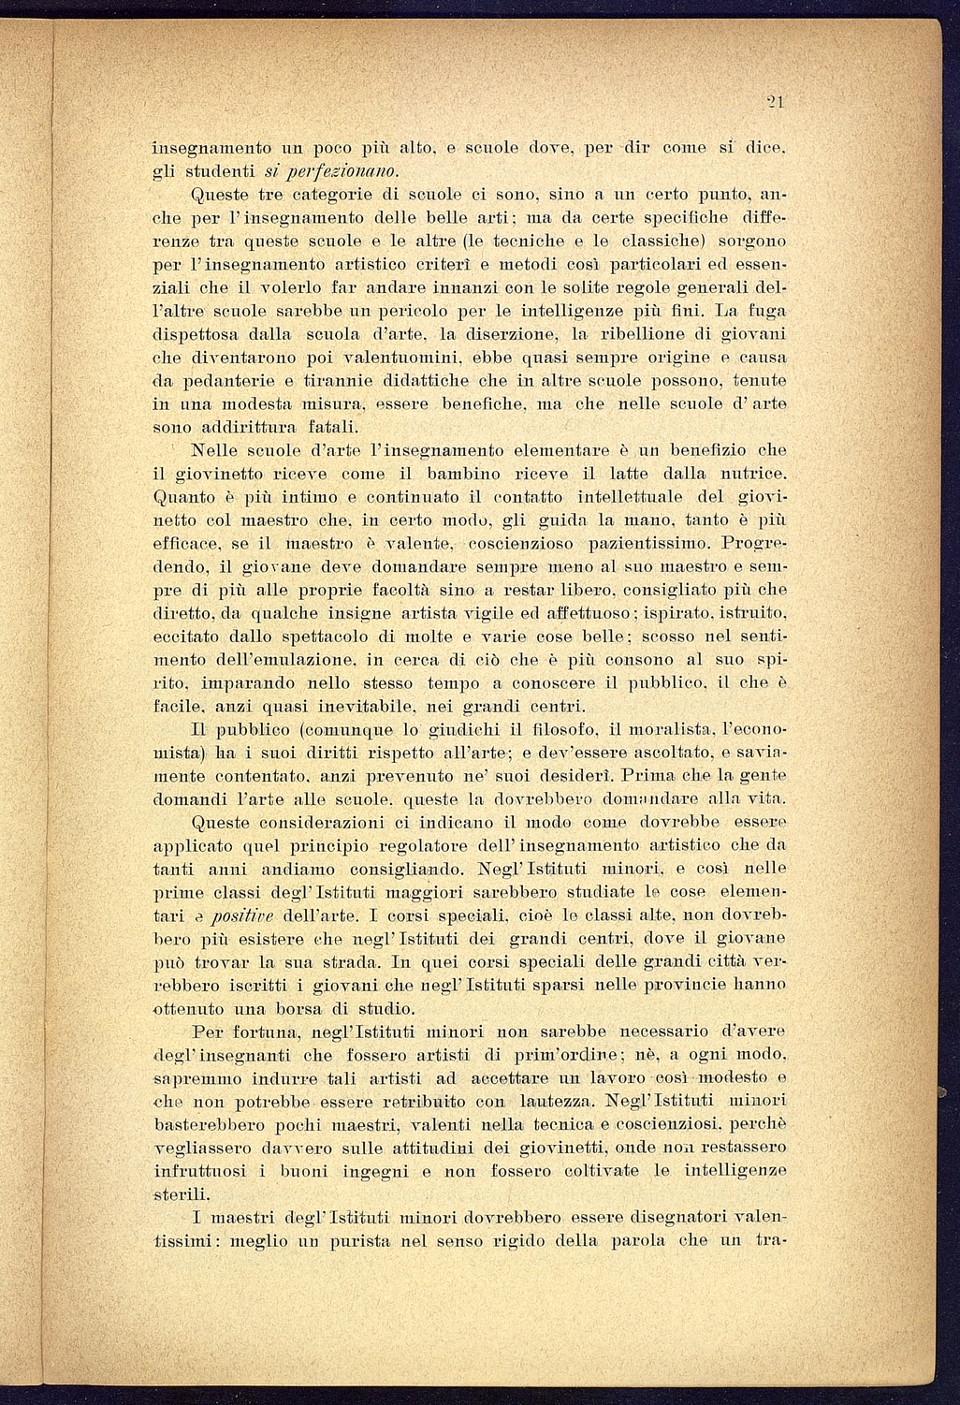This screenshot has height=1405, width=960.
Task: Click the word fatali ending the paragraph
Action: (x=289, y=428)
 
